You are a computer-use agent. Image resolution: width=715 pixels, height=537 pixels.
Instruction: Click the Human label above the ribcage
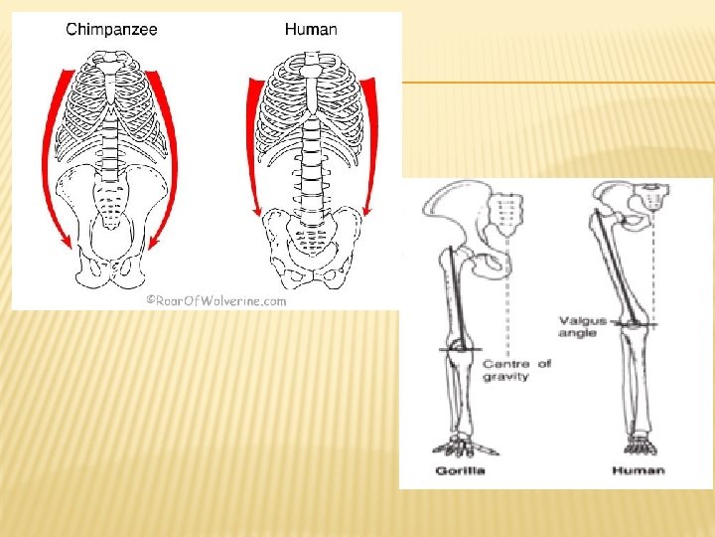[310, 29]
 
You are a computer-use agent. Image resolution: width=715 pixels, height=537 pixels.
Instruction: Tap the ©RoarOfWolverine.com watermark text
[216, 299]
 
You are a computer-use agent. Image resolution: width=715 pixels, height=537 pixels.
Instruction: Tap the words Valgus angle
[577, 326]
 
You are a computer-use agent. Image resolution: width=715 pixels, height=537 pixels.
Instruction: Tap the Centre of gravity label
[515, 371]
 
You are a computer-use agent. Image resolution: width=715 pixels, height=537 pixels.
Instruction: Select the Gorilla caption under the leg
[460, 470]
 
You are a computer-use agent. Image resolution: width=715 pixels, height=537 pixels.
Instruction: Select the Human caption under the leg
[639, 470]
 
